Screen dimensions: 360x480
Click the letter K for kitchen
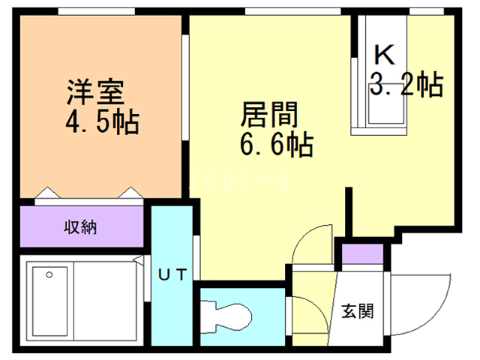[384, 54]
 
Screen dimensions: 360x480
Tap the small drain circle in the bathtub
[49, 275]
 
